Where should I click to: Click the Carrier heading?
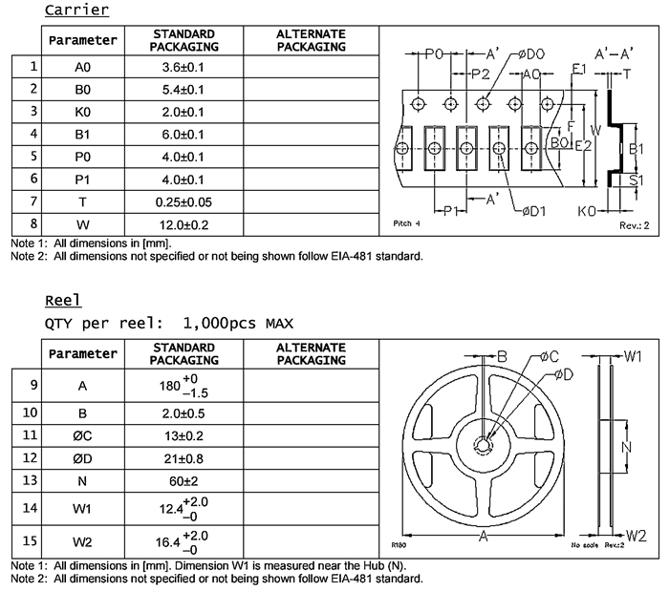click(76, 11)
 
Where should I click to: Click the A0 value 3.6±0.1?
click(184, 68)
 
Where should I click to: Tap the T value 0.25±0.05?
click(184, 202)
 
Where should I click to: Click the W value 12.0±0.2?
click(184, 225)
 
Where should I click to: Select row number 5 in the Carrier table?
click(33, 156)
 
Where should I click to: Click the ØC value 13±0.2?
click(184, 436)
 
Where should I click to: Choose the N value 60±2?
click(184, 480)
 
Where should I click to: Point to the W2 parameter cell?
click(83, 542)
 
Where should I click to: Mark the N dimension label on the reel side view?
click(626, 446)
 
